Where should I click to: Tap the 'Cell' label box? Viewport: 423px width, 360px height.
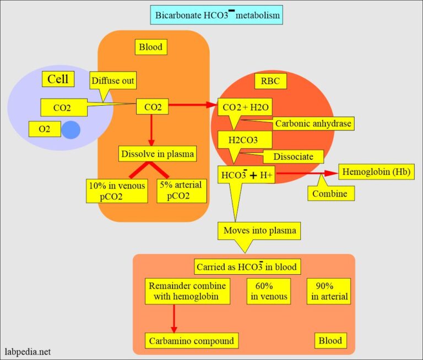point(58,79)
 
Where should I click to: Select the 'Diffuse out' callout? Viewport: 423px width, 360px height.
point(113,81)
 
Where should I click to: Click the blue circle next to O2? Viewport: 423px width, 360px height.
point(70,130)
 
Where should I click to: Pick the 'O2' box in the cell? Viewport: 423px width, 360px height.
point(40,129)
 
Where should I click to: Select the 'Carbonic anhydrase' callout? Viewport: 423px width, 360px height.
point(312,124)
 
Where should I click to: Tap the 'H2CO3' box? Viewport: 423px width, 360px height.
point(243,139)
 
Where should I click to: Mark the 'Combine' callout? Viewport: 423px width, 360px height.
point(330,193)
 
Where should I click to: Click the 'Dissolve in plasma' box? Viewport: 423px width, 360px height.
point(157,154)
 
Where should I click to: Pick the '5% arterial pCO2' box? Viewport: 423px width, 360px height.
point(180,190)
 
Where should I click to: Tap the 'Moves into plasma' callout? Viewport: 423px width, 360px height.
point(260,230)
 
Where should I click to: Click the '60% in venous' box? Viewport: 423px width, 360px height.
point(269,291)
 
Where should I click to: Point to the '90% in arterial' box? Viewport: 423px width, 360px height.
point(329,291)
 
